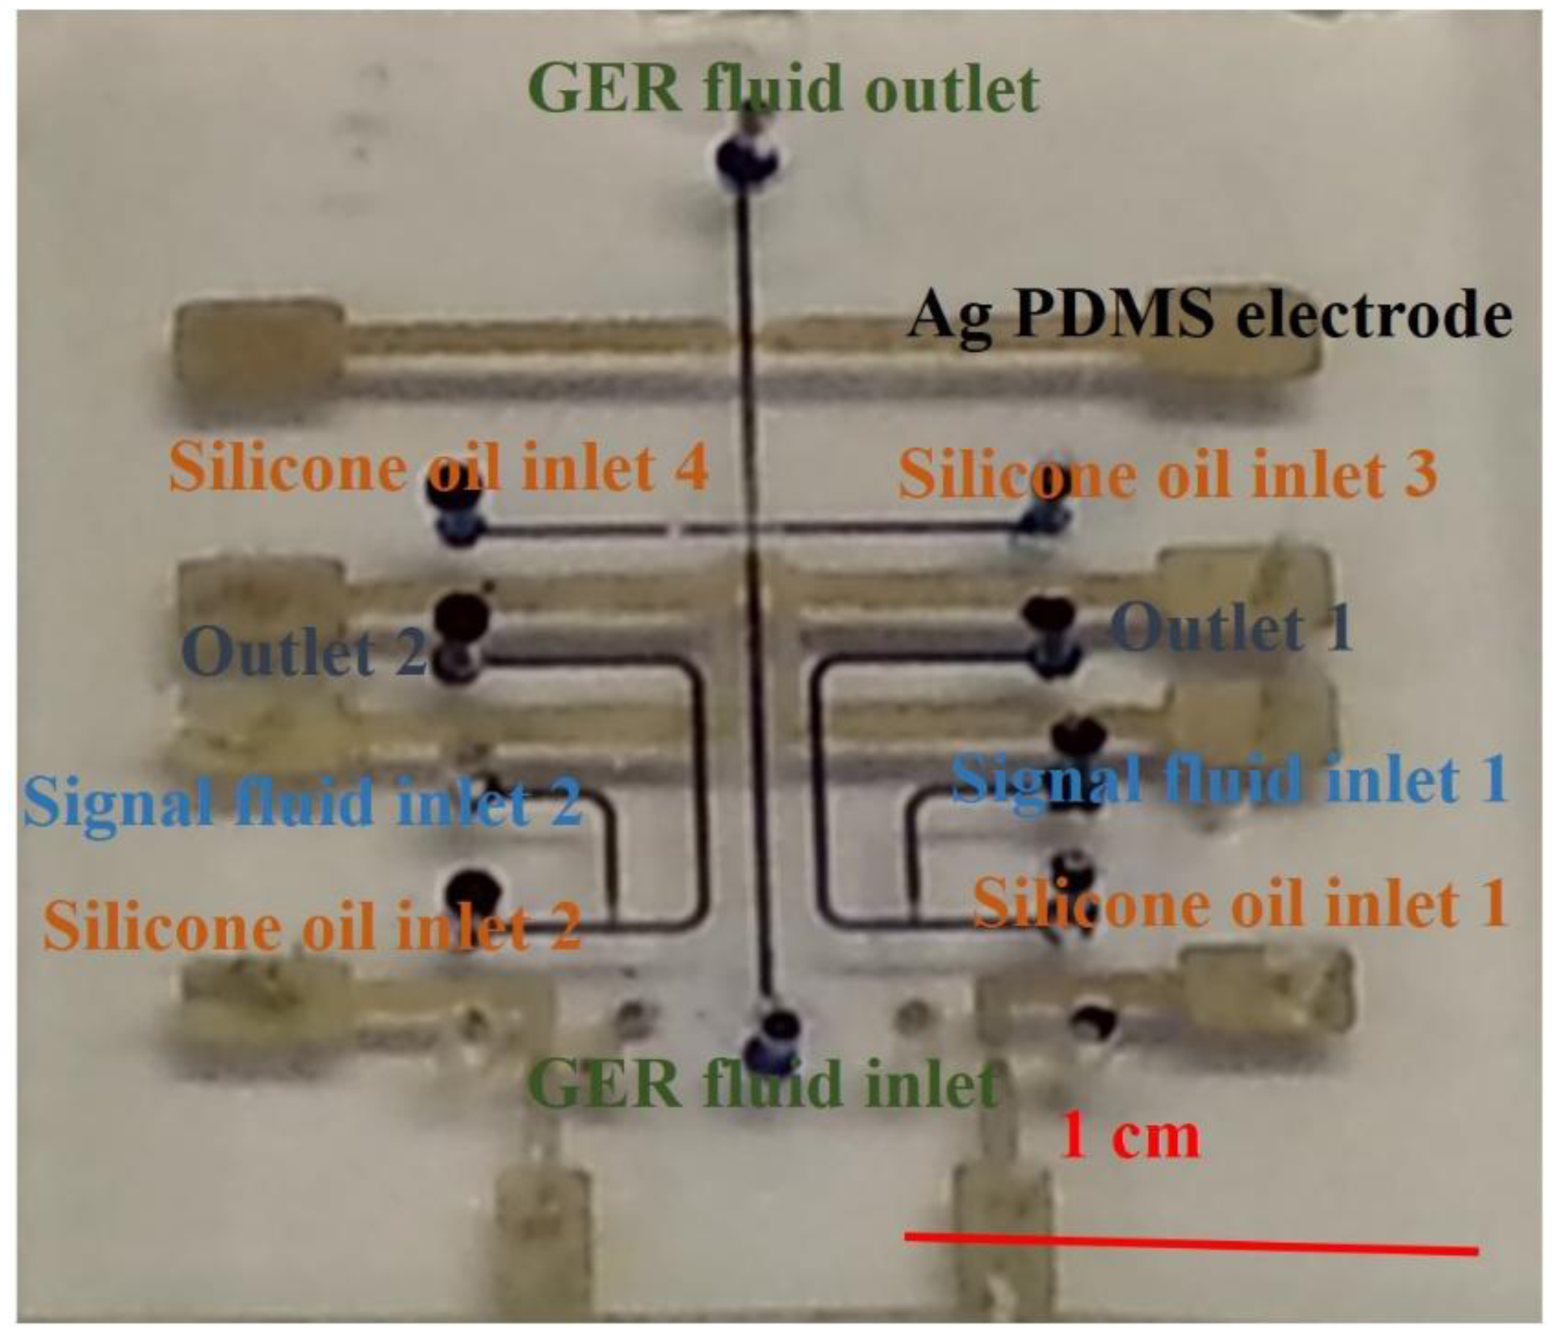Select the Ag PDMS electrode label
coord(1208,315)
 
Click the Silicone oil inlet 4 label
coord(438,468)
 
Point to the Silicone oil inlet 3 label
coord(1167,474)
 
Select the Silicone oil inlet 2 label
coord(312,926)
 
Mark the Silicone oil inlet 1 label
coord(1240,903)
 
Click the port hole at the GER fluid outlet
coord(748,155)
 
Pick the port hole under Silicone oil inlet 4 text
coord(454,494)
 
